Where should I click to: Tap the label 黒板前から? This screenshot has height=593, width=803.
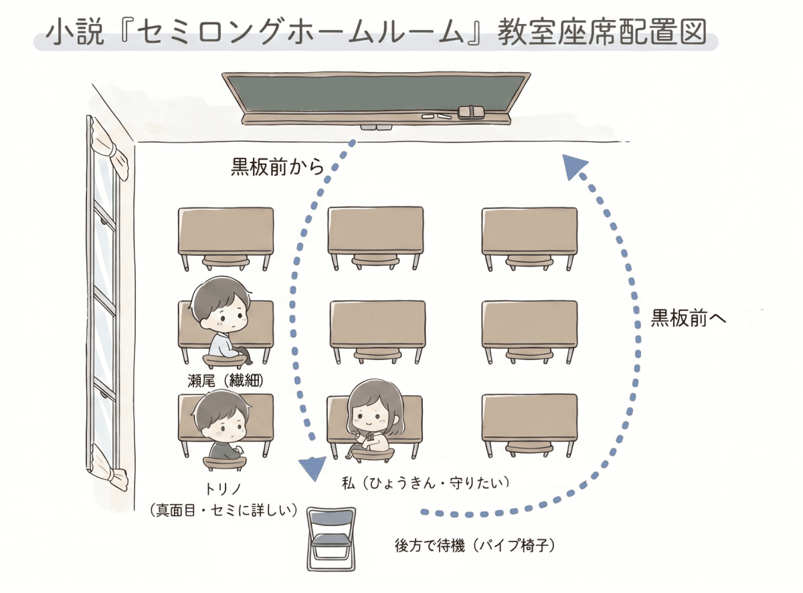(277, 166)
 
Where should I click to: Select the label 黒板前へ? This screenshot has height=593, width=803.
(689, 319)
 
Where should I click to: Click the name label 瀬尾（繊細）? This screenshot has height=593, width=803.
(226, 381)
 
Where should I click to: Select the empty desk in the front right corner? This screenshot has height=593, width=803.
(529, 231)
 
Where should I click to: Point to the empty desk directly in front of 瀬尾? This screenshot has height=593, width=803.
(226, 231)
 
